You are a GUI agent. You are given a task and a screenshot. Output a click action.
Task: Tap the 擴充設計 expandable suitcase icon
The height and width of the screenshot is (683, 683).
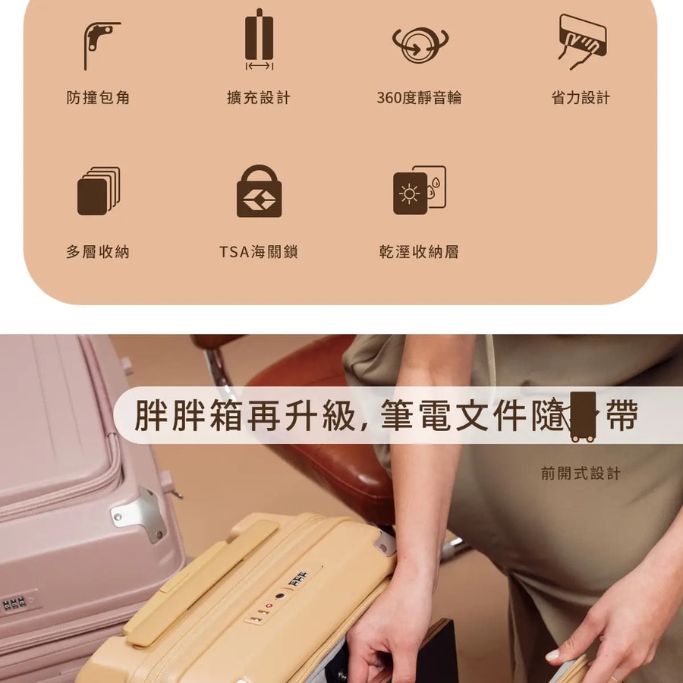260,39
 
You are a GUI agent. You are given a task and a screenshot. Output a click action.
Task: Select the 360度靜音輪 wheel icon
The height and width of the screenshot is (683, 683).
420,45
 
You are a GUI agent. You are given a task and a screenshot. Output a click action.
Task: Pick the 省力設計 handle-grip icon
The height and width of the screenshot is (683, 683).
582,42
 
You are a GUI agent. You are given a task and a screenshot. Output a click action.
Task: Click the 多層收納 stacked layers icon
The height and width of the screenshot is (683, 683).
99,190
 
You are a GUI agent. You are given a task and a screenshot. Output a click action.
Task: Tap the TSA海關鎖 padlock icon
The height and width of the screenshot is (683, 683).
260,191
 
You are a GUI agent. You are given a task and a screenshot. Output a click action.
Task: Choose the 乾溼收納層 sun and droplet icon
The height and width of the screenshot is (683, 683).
420,190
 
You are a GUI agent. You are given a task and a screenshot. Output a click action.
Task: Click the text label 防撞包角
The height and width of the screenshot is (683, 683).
98,98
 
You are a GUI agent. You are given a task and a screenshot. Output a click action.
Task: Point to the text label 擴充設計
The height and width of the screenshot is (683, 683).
259,98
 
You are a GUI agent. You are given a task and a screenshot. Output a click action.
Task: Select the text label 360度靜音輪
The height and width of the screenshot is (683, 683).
419,98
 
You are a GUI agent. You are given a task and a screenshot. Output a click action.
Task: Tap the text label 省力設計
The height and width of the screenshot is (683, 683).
581,98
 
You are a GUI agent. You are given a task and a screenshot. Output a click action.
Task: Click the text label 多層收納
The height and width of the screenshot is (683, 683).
98,252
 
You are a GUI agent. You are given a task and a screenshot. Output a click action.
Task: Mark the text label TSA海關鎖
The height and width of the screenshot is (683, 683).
258,252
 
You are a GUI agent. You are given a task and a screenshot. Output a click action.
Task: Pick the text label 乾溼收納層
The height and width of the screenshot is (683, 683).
419,252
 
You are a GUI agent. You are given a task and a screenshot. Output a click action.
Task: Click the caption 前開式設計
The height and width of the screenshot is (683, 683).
581,473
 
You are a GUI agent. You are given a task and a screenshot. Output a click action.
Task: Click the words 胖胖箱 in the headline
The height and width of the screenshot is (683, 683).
189,414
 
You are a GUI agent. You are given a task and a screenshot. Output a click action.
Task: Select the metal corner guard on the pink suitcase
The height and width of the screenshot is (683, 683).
139,515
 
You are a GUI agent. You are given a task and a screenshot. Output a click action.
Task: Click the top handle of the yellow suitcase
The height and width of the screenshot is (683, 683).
200,582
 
